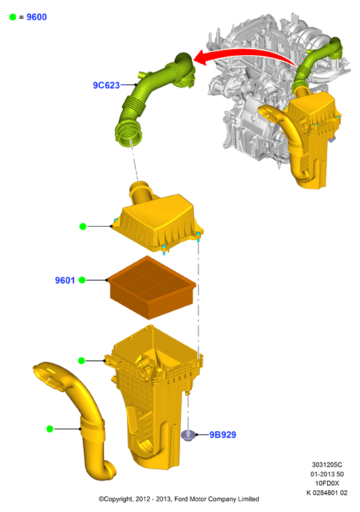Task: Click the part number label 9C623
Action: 106,85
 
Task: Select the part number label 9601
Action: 64,280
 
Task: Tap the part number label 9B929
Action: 223,434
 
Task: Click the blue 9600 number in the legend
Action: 37,17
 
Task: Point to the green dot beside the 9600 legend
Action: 12,17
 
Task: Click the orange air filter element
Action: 152,287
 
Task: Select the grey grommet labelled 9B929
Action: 188,435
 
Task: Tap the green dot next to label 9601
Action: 82,280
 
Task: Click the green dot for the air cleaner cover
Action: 83,226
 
